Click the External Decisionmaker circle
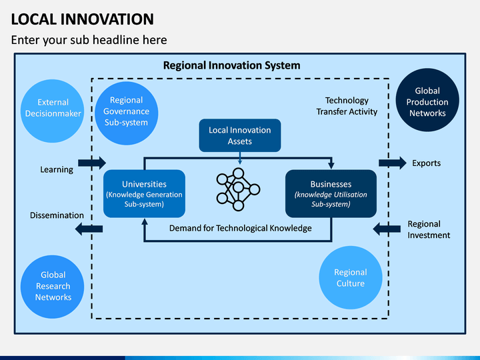pos(53,108)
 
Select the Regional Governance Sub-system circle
pos(126,111)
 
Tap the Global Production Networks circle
pos(427,102)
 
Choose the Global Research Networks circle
pos(53,286)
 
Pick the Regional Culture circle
pos(350,277)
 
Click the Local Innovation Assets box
pos(240,135)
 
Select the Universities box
pos(144,193)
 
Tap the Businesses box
pos(331,193)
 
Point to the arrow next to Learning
pos(92,163)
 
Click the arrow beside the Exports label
pos(392,163)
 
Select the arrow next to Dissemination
pos(89,229)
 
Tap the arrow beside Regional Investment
pos(387,229)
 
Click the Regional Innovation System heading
pos(231,65)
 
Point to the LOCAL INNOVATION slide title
pos(83,19)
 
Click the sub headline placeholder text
pos(89,40)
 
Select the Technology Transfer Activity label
pos(347,106)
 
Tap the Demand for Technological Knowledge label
pos(240,228)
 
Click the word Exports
pos(426,163)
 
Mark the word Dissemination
pos(57,215)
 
